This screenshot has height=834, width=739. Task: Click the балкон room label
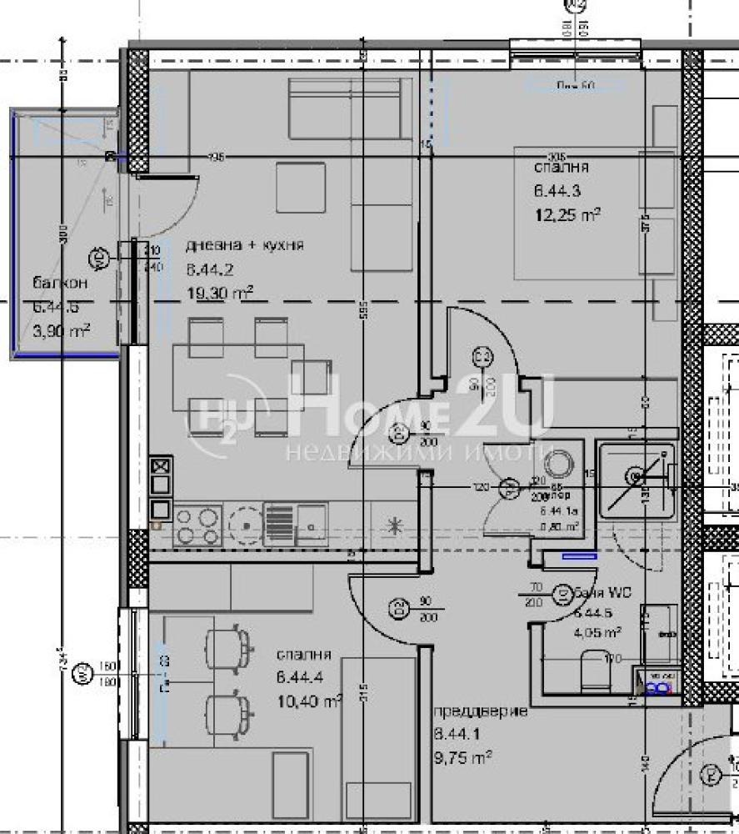(58, 283)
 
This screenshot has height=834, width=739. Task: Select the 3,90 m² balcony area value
(61, 331)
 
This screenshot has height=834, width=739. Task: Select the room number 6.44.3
(557, 190)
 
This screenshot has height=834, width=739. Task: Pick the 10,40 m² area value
(308, 701)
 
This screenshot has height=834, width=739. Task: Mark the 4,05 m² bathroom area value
(597, 632)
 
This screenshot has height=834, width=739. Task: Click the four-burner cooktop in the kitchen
(198, 525)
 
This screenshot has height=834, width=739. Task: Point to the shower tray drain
(636, 475)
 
